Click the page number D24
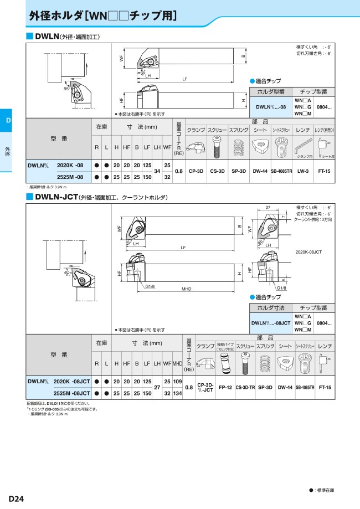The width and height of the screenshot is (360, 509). point(16,498)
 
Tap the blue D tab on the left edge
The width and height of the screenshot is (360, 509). point(8,121)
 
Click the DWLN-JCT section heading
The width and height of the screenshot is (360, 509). point(55,197)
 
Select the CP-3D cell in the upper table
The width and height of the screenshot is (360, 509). point(196,171)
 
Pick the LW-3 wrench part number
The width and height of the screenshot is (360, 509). point(303,171)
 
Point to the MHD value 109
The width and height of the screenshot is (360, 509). point(177,382)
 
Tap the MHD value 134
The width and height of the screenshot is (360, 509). point(177,393)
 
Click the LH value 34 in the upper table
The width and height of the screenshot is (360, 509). point(157,171)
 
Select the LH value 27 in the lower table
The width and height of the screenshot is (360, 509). point(157,388)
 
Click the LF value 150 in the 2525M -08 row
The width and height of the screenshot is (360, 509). point(147,177)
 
